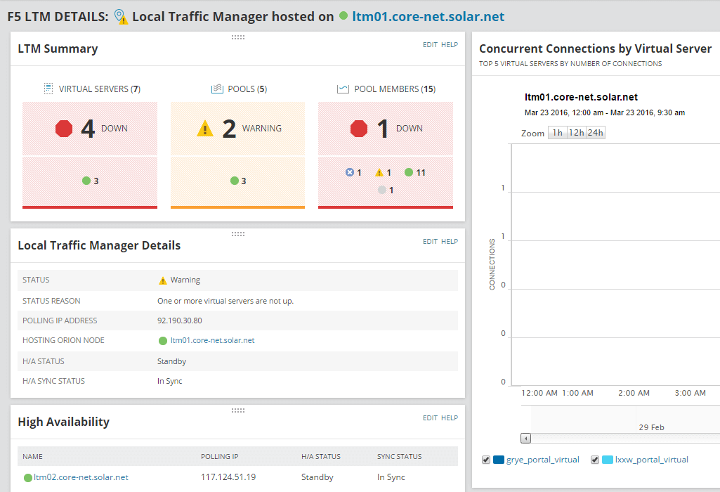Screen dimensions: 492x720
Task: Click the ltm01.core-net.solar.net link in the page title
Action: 428,16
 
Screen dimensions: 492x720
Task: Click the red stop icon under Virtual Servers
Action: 65,129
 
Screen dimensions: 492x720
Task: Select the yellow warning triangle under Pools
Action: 204,129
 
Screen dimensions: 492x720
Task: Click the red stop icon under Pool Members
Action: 359,129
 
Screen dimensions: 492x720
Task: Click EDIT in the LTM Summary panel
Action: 430,45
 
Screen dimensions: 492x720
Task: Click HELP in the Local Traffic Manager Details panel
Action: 450,242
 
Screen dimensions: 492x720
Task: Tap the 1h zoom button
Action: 557,133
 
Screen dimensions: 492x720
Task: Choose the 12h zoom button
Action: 576,133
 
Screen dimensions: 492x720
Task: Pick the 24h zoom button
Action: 595,133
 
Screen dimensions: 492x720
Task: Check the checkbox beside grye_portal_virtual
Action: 486,460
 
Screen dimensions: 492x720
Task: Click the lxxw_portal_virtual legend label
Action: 651,460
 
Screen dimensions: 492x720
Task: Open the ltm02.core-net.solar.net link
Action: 81,477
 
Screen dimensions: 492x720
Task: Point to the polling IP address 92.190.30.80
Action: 180,321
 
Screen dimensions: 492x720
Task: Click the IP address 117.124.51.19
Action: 228,477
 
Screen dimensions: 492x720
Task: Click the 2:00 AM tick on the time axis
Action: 634,393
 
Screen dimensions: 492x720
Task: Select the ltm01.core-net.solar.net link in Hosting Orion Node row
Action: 212,340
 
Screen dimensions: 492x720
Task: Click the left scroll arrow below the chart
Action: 525,438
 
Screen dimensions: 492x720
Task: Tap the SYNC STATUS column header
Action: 399,457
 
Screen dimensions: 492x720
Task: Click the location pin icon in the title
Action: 121,16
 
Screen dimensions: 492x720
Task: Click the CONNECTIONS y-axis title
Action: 492,264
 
